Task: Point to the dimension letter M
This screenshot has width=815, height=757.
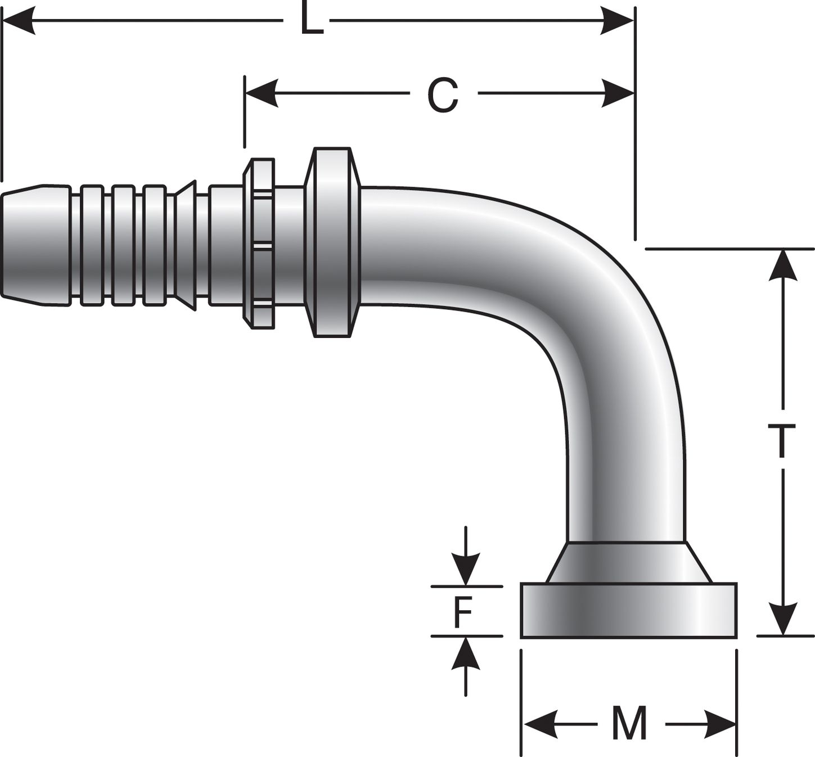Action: coord(629,724)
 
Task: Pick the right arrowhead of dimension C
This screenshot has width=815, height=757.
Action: coord(618,93)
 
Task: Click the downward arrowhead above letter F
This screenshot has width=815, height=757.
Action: coord(466,570)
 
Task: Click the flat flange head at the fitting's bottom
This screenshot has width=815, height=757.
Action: coord(628,611)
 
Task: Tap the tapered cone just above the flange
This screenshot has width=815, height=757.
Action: coord(628,563)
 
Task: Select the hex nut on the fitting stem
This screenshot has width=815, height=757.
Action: coord(259,243)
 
